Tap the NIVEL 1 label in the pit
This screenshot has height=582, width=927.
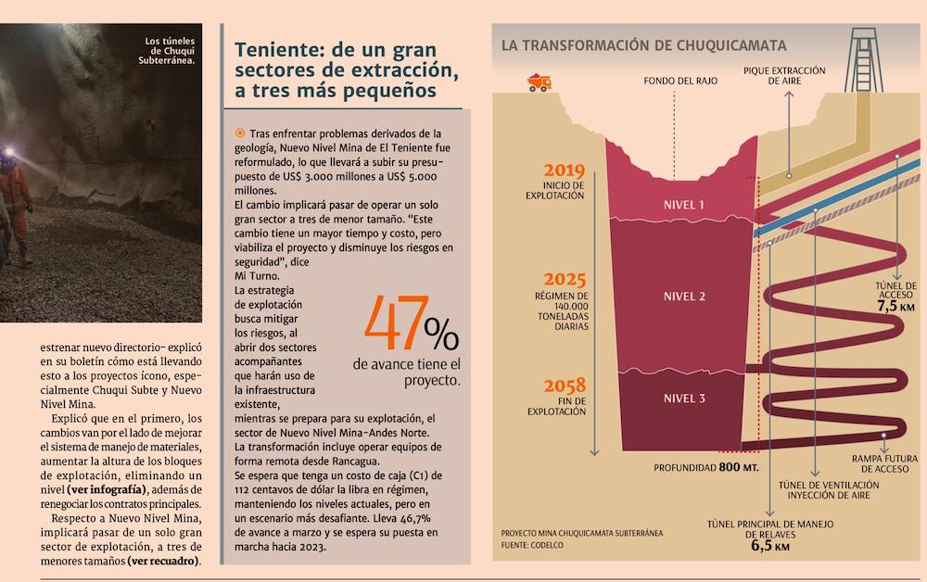(685, 205)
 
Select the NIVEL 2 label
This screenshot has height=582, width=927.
(685, 297)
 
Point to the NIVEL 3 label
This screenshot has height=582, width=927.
(685, 399)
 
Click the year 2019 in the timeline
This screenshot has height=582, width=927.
(565, 171)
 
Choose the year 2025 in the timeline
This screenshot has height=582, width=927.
(565, 279)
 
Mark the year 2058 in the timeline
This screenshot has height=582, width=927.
(565, 384)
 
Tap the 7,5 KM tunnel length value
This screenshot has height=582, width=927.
(895, 305)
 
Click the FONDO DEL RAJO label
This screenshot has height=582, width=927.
(679, 81)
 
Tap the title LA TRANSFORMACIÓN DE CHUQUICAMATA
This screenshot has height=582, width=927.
(643, 44)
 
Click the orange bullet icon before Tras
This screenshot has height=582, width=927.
(240, 133)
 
